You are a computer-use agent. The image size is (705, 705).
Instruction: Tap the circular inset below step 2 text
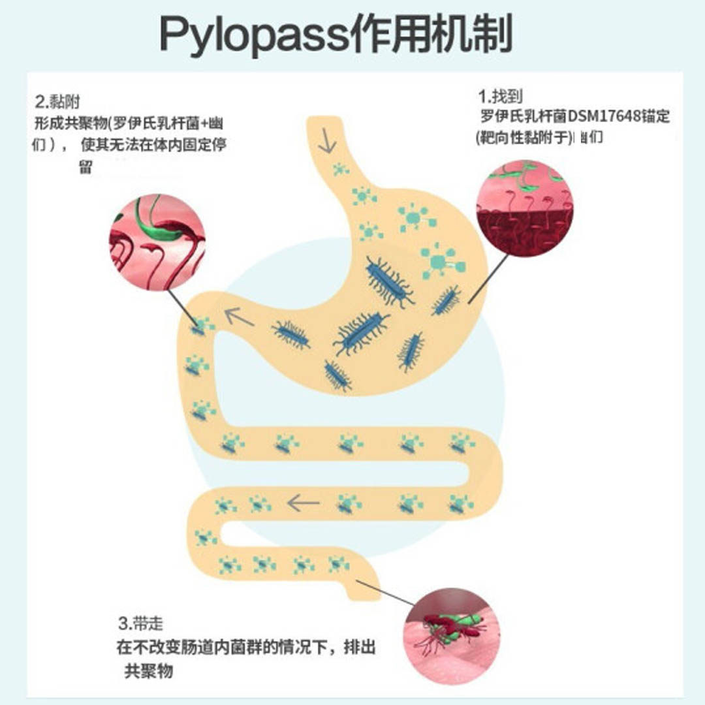157,242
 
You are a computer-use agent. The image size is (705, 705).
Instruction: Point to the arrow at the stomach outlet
240,318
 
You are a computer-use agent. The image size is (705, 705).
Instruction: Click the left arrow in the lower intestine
304,503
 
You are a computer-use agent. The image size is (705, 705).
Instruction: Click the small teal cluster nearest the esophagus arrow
340,170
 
